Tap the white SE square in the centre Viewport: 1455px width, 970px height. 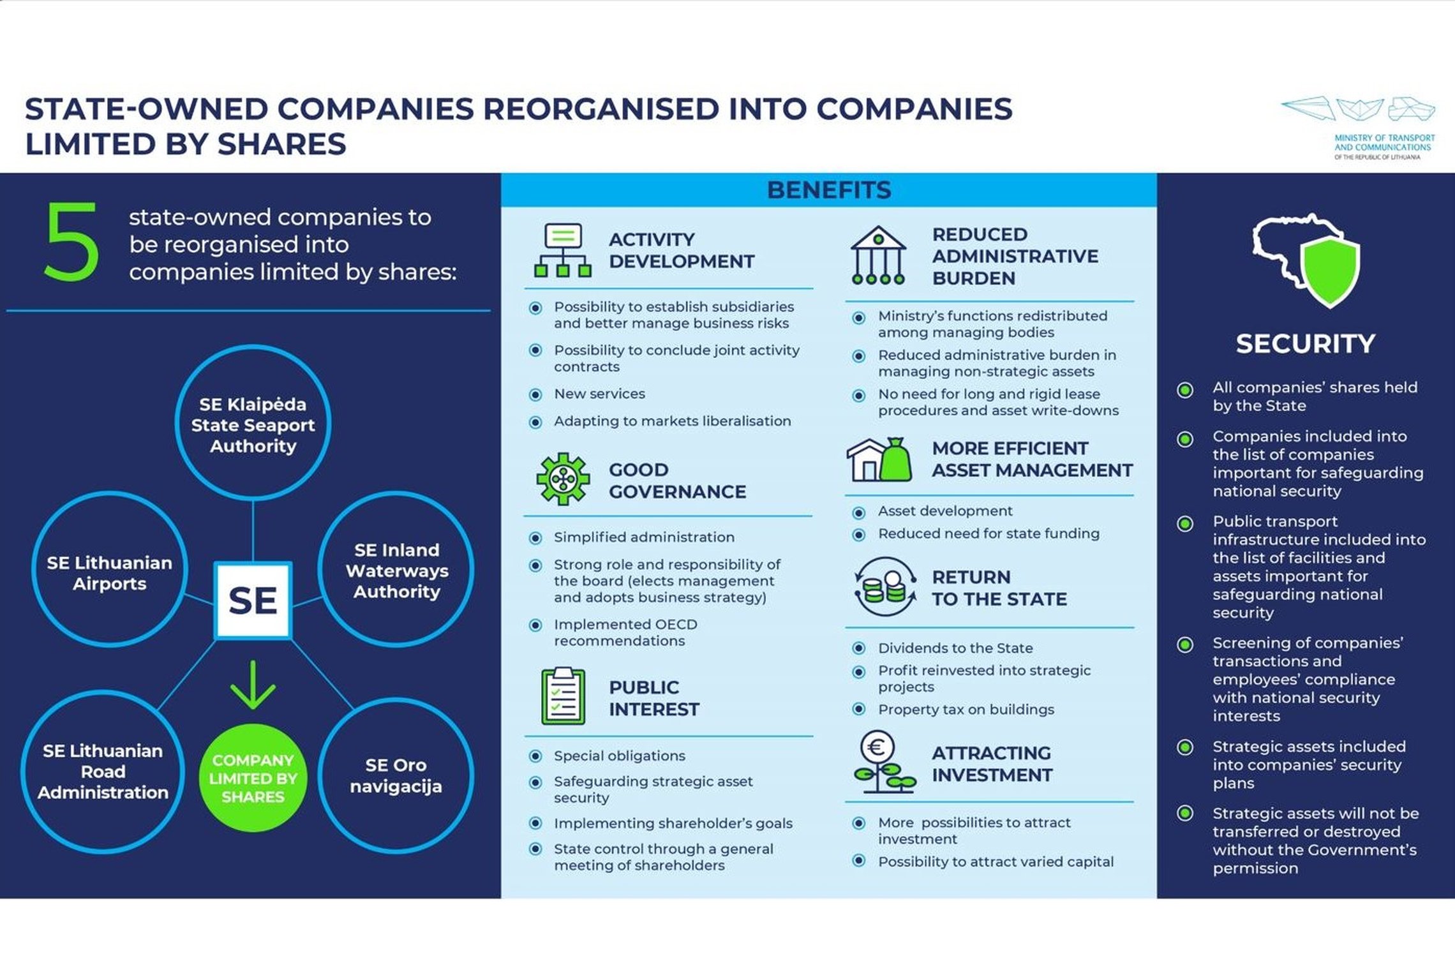pyautogui.click(x=253, y=601)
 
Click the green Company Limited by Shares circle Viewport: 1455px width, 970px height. pyautogui.click(x=253, y=778)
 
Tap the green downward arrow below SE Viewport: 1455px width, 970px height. pyautogui.click(x=253, y=685)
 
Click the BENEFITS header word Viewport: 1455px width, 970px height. pyautogui.click(x=829, y=190)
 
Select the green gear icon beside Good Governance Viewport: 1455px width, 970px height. pyautogui.click(x=563, y=479)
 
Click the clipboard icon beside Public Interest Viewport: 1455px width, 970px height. pyautogui.click(x=563, y=696)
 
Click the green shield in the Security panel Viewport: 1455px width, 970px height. pyautogui.click(x=1331, y=273)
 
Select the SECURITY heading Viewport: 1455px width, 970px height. pyautogui.click(x=1306, y=344)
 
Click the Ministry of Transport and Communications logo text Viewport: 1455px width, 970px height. pyautogui.click(x=1384, y=147)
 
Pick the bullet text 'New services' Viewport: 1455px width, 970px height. pyautogui.click(x=599, y=394)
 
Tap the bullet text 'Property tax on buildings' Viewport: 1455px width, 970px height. pyautogui.click(x=966, y=709)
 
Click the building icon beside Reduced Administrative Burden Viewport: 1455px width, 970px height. pyautogui.click(x=879, y=255)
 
